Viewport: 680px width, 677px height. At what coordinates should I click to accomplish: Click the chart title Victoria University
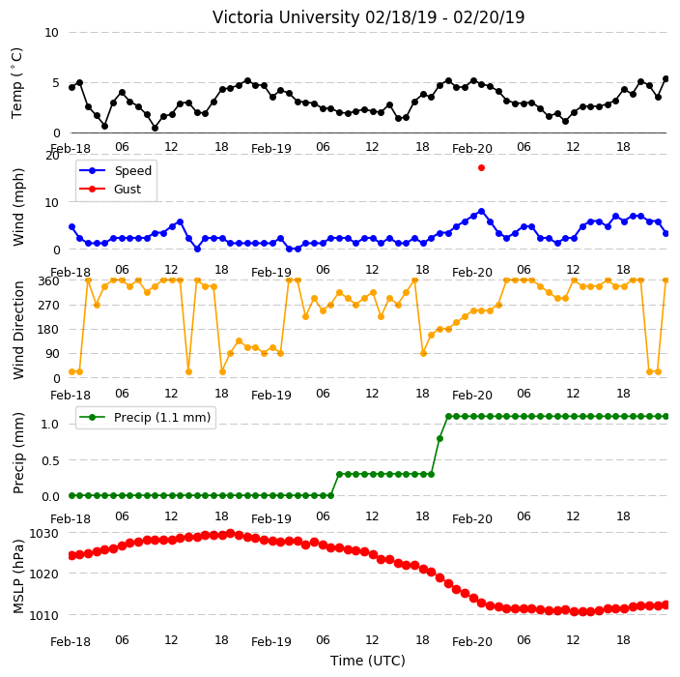click(x=286, y=17)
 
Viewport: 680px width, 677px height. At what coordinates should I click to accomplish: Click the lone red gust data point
click(x=481, y=167)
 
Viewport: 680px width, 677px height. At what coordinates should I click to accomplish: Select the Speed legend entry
click(x=115, y=170)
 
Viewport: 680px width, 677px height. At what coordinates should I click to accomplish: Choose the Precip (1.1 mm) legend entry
click(x=145, y=417)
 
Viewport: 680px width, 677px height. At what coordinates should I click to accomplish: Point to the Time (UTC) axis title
click(x=368, y=661)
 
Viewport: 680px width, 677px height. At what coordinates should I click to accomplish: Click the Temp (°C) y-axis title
click(x=17, y=82)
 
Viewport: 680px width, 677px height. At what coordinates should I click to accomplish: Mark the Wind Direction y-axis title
click(x=18, y=331)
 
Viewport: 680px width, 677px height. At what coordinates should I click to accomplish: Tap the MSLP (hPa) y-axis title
click(x=18, y=576)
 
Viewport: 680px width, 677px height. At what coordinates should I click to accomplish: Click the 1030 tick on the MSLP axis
click(x=43, y=533)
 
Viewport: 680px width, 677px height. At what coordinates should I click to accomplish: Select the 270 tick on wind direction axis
click(x=48, y=305)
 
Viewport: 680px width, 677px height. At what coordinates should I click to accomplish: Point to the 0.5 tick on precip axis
click(x=50, y=460)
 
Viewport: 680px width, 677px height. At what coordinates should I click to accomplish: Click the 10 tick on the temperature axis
click(x=51, y=33)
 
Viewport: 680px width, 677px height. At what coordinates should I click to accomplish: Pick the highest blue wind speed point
click(x=481, y=212)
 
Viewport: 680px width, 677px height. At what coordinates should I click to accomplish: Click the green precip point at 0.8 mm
click(x=439, y=438)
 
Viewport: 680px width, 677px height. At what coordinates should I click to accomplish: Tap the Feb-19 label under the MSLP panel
click(x=271, y=641)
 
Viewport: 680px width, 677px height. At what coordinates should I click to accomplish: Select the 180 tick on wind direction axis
click(x=48, y=329)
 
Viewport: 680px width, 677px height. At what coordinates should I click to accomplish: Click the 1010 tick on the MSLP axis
click(x=43, y=615)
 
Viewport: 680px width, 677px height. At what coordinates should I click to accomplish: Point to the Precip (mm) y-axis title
click(x=18, y=453)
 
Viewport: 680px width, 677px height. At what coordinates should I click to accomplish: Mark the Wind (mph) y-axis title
click(x=18, y=207)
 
